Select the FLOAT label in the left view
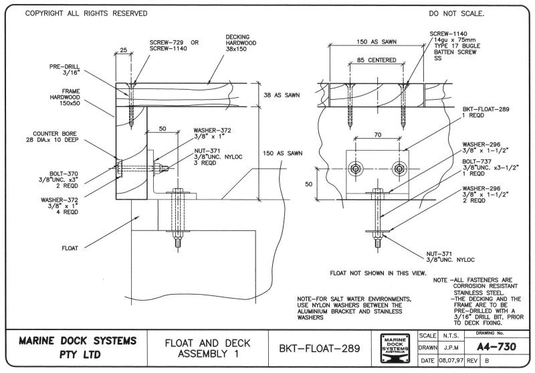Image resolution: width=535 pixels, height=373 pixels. pyautogui.click(x=70, y=248)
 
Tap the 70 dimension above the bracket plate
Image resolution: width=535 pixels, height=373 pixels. pyautogui.click(x=377, y=134)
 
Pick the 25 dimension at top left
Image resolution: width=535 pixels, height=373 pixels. pyautogui.click(x=123, y=50)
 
